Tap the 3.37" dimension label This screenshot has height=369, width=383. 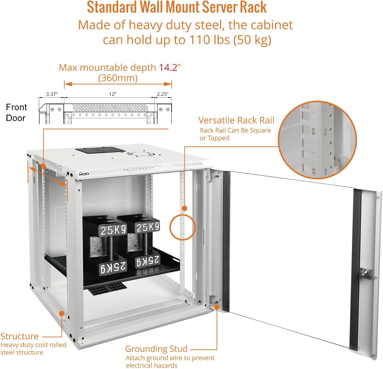tap(52, 94)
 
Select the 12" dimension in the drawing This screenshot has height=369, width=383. tap(113, 94)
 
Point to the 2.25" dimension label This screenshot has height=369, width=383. tap(163, 94)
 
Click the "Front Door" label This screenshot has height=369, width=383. tap(16, 112)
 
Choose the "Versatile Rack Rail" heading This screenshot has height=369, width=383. tap(236, 120)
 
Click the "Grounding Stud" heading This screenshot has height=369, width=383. tap(156, 349)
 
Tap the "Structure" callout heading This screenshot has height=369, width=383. tap(19, 336)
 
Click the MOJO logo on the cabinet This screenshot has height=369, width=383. tap(84, 174)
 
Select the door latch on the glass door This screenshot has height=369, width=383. tap(365, 273)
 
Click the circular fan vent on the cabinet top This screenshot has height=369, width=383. tap(139, 154)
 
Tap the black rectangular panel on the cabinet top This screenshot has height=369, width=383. tap(100, 150)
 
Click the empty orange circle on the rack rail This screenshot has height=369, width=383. tap(183, 227)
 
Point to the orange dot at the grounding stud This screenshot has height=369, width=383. tap(217, 307)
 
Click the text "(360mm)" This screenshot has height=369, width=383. tap(118, 78)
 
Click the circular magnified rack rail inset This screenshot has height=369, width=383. tap(317, 140)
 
